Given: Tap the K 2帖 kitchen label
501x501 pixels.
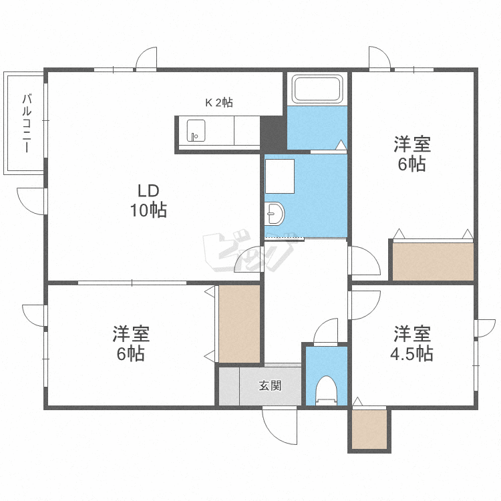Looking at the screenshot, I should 218,102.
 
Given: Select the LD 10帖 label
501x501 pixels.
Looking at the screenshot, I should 148,200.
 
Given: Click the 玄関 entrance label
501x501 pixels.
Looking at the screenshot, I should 270,385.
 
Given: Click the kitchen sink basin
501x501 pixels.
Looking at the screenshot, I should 196,130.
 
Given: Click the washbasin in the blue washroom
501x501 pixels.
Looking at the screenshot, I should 275,214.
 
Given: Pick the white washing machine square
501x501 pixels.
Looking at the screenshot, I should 280,176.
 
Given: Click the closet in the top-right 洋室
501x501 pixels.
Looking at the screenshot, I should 433,261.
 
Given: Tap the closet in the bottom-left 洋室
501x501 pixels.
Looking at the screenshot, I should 238,324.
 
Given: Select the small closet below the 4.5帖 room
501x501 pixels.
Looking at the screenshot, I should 369,429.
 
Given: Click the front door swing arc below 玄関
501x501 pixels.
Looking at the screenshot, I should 279,426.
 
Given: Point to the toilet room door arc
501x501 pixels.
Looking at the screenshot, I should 327,331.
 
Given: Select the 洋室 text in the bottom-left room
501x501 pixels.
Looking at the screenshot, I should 130,332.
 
